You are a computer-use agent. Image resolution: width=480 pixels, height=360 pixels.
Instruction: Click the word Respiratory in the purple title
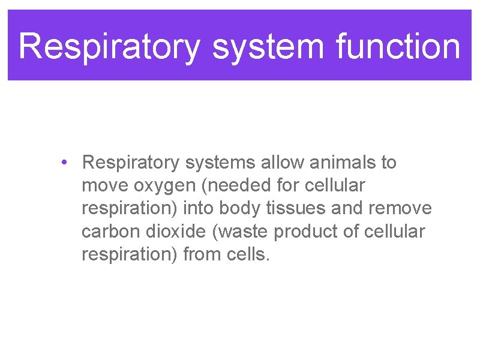[x=109, y=46]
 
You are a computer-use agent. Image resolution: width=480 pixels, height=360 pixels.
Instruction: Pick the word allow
[x=277, y=163]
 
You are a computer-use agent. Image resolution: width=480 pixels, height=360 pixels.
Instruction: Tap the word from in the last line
[x=203, y=254]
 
